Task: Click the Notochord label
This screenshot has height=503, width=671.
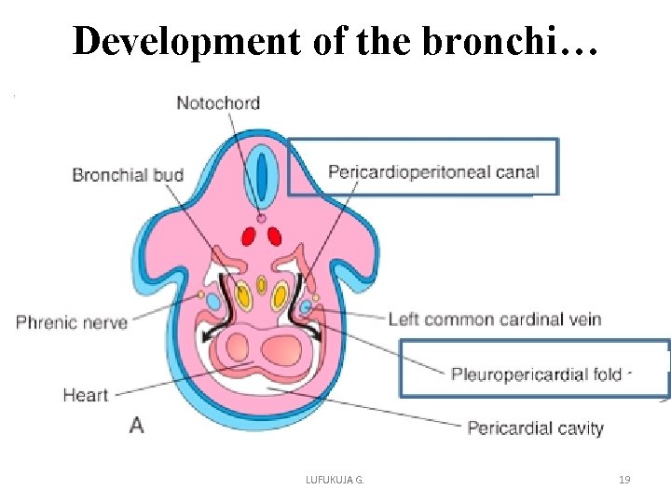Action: (218, 102)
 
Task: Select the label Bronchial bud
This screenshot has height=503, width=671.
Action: (128, 174)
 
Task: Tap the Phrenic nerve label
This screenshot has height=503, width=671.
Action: (72, 322)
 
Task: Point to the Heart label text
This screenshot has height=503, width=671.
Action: (86, 395)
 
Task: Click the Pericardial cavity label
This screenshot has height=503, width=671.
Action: (535, 428)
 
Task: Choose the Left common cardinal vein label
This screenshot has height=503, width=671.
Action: (494, 319)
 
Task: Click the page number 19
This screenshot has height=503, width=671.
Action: (624, 480)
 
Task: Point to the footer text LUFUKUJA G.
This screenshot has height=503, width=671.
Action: (335, 480)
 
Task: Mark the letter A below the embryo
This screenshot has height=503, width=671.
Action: (137, 425)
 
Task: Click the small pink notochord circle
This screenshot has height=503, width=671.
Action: (262, 218)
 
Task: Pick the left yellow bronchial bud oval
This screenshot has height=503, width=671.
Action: (244, 297)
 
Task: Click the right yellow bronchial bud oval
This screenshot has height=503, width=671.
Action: (280, 297)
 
